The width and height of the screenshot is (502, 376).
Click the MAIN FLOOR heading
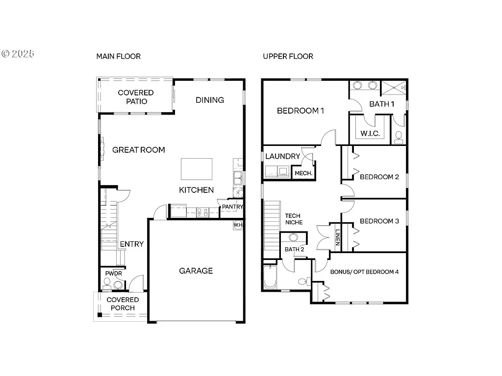[x=118, y=56]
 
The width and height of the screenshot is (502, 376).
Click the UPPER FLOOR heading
[x=288, y=56]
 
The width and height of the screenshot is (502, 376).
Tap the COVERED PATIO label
[x=135, y=97]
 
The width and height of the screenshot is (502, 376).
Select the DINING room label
[x=210, y=100]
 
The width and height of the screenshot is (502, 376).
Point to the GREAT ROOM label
[x=139, y=150]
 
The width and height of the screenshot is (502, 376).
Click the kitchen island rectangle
[x=197, y=169]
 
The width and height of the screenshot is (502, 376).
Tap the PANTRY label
[x=232, y=207]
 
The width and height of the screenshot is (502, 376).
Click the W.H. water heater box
[x=238, y=225]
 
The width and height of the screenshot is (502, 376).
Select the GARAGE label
[x=196, y=271]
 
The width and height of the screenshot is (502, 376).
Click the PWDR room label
[x=113, y=273]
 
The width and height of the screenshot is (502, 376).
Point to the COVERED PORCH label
[x=123, y=304]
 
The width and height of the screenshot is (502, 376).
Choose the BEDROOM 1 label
[x=301, y=111]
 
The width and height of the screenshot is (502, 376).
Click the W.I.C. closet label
[x=370, y=134]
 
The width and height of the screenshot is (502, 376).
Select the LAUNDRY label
[x=282, y=157]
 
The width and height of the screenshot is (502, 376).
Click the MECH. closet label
[x=303, y=173]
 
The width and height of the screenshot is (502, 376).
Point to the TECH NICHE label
[x=294, y=219]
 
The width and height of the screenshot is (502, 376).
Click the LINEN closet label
[x=338, y=237]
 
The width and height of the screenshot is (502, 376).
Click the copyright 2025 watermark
[x=18, y=53]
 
